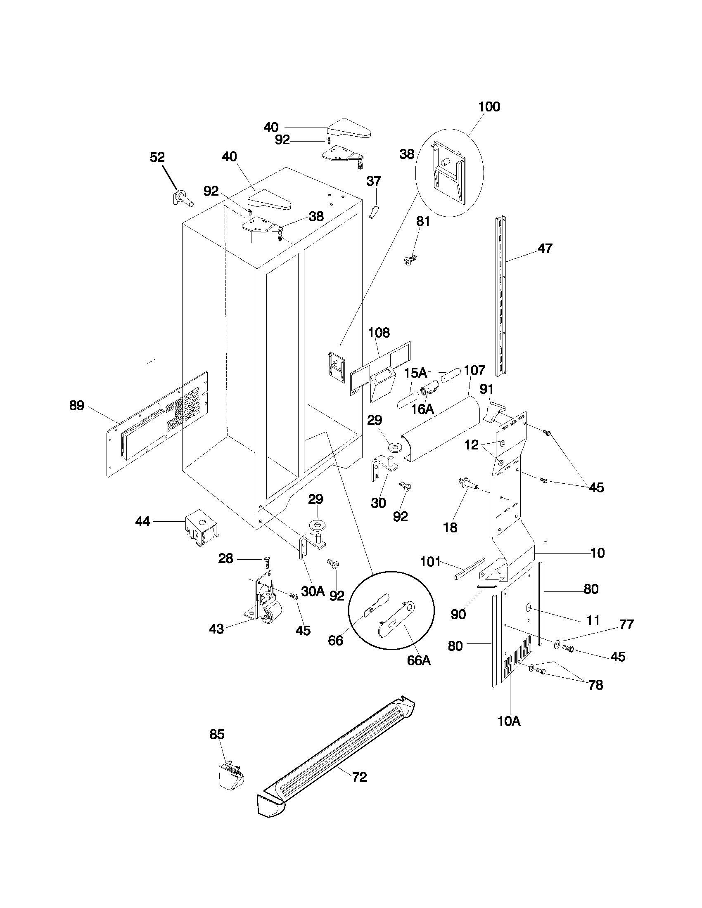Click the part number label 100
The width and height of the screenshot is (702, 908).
point(489,107)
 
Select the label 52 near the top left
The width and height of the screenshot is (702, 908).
point(157,157)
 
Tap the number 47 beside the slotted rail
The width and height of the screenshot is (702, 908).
point(545,248)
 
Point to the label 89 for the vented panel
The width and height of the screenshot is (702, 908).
point(76,405)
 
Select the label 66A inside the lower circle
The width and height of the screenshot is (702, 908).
point(419,660)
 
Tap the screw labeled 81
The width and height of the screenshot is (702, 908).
point(410,260)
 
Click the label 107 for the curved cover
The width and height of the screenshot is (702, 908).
point(474,370)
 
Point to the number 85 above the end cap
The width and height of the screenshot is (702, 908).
point(217,735)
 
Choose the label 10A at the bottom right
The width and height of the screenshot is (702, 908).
point(509,721)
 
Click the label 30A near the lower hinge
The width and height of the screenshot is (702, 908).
point(313,591)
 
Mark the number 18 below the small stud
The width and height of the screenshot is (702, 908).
point(450,527)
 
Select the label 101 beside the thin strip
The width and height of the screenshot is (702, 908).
point(430,562)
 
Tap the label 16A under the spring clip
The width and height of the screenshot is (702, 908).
point(422,409)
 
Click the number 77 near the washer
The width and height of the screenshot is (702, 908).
point(626,624)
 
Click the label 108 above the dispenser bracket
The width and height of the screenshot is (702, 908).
point(379,332)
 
